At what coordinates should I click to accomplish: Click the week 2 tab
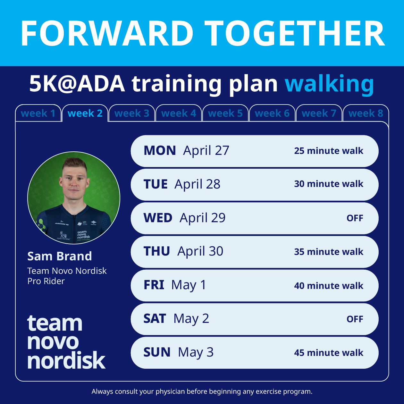click(x=85, y=113)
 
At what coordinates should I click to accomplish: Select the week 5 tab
click(x=225, y=113)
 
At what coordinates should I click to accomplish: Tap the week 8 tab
click(x=366, y=113)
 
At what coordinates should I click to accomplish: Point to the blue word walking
click(x=329, y=84)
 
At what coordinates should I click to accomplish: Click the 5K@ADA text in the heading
click(x=77, y=84)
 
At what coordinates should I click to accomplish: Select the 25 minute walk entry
click(x=329, y=151)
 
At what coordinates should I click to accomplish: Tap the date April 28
click(x=197, y=184)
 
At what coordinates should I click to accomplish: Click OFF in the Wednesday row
click(x=355, y=218)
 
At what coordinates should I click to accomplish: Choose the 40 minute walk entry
click(x=329, y=286)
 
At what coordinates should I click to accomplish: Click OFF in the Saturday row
click(x=355, y=319)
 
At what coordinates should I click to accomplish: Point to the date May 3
click(x=196, y=352)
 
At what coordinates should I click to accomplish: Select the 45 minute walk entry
click(x=329, y=353)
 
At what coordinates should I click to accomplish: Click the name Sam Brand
click(x=60, y=256)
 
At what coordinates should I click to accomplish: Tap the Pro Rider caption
click(x=46, y=281)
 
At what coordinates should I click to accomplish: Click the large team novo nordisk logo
click(x=66, y=342)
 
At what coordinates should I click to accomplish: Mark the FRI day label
click(x=154, y=285)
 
